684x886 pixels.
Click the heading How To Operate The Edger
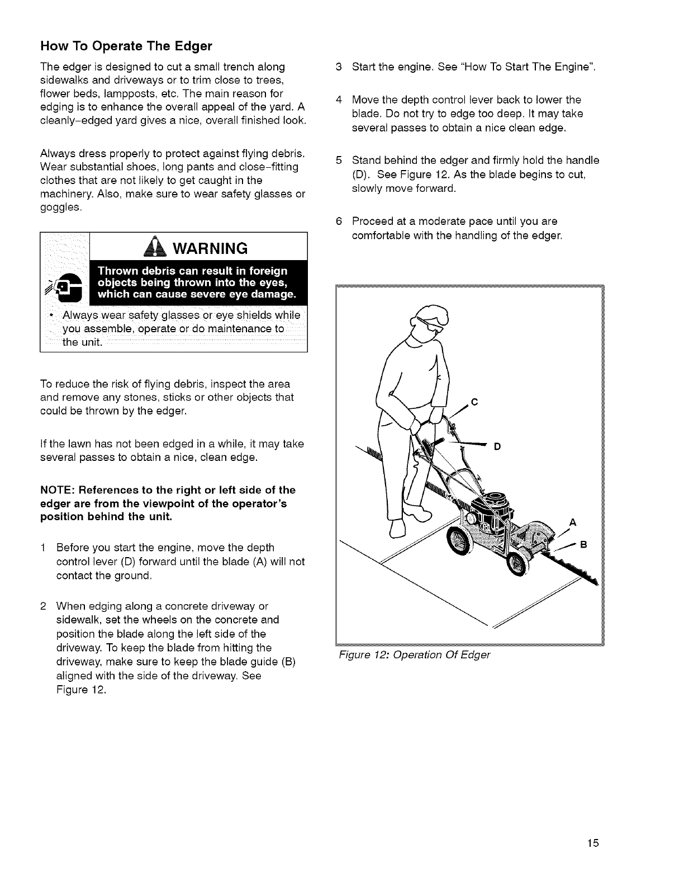click(x=126, y=45)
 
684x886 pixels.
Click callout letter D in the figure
click(x=497, y=446)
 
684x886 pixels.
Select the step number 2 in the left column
click(x=44, y=606)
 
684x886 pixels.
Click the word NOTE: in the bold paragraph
click(x=58, y=491)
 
